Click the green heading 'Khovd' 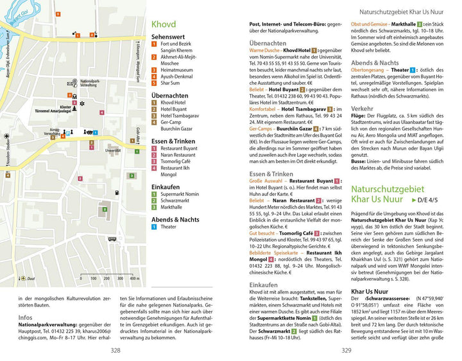pos(164,24)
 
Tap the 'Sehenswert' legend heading pos(167,38)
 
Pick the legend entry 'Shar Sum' pos(170,83)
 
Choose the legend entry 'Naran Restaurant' pos(178,155)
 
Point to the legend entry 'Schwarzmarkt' pos(175,200)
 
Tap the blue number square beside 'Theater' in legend pos(154,227)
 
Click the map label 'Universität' pos(113,152)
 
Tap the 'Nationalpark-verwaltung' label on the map pos(87,83)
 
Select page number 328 pos(116,350)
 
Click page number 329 pos(346,350)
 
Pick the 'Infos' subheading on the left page pos(26,317)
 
